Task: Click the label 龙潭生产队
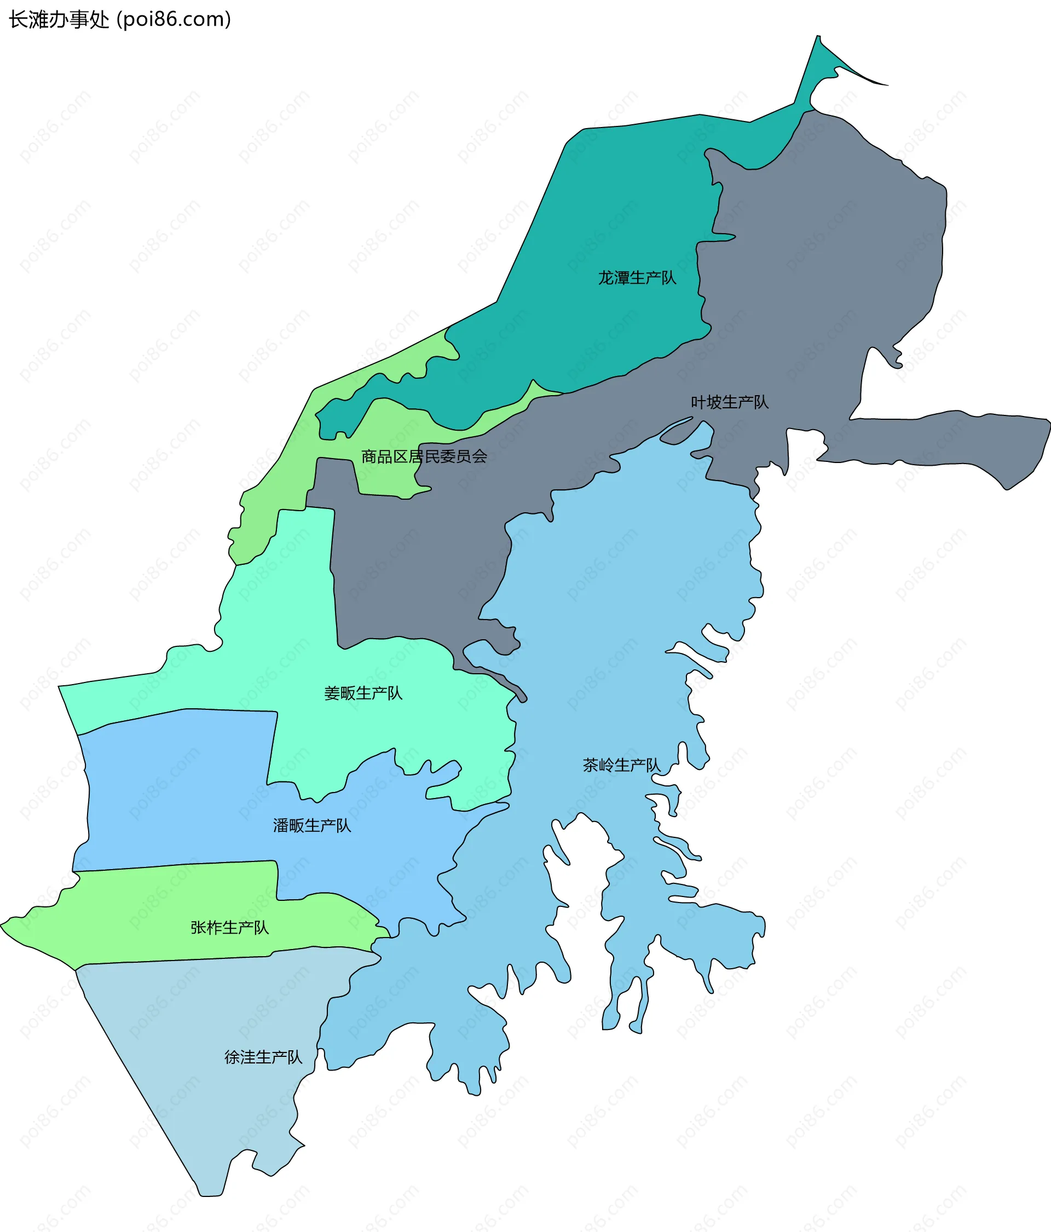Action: [x=637, y=277]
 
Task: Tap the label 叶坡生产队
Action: [x=729, y=402]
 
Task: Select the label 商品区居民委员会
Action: [x=424, y=456]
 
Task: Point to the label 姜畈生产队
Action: [x=363, y=693]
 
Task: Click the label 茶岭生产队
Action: [x=621, y=765]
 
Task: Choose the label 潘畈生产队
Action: [x=311, y=826]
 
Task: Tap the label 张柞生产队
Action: [x=229, y=928]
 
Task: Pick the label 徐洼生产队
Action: [x=263, y=1057]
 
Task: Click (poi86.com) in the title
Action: [x=174, y=20]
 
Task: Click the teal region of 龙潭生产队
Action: [x=595, y=208]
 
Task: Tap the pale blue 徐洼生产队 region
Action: [x=197, y=1040]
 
